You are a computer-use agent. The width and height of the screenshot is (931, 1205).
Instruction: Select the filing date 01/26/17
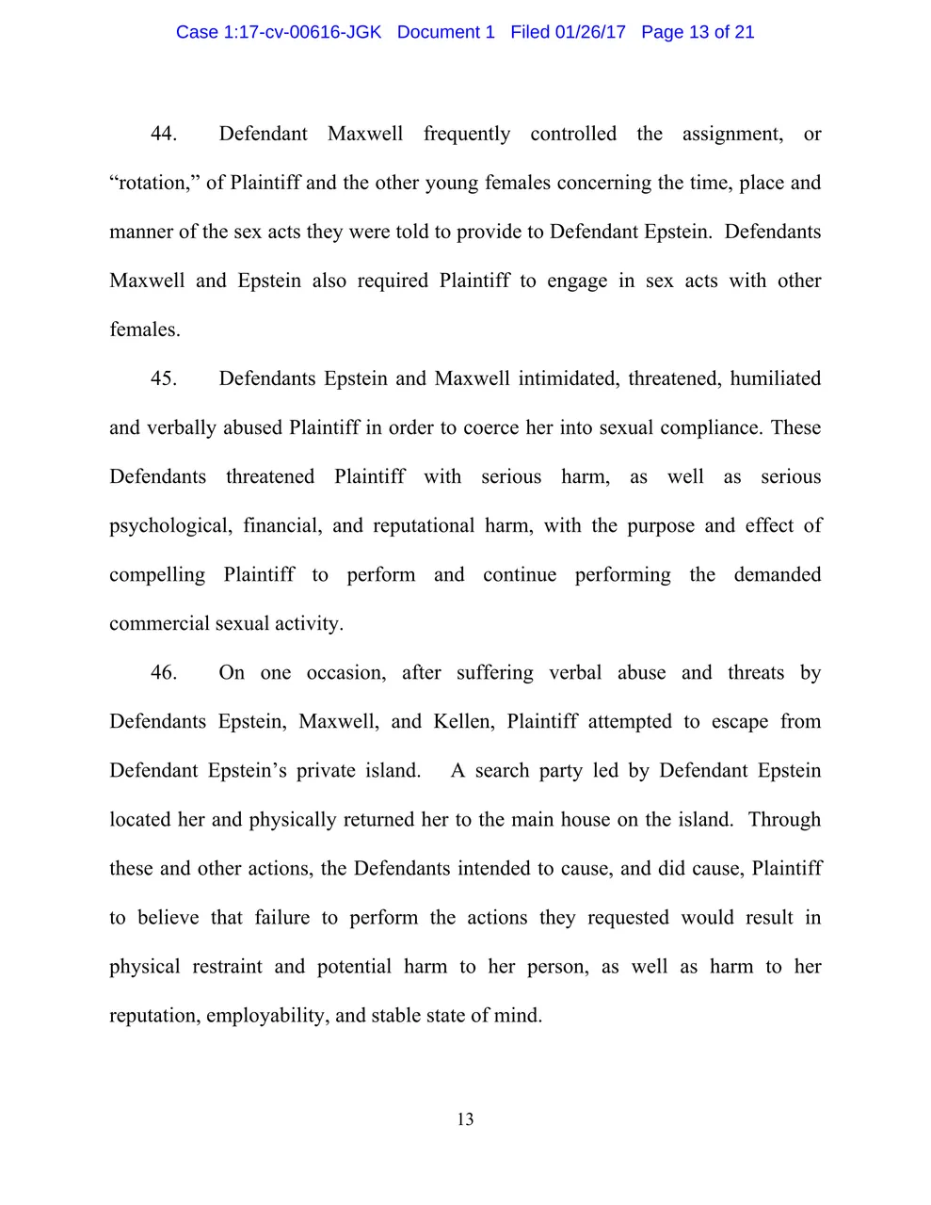coord(590,32)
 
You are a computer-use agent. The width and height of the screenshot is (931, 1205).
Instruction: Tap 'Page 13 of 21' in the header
coord(698,32)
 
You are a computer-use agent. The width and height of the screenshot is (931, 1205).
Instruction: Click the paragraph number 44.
coord(164,134)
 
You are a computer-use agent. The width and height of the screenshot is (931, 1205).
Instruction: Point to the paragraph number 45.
coord(164,378)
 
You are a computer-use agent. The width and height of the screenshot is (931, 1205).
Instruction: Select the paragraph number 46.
coord(164,672)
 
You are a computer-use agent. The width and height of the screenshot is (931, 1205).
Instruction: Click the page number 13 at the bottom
coord(465,1119)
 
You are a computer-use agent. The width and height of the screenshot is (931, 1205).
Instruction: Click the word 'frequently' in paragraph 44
coord(467,134)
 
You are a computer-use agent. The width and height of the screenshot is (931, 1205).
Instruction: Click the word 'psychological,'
coord(169,525)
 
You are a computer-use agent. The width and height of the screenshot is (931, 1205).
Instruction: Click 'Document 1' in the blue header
coord(445,32)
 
